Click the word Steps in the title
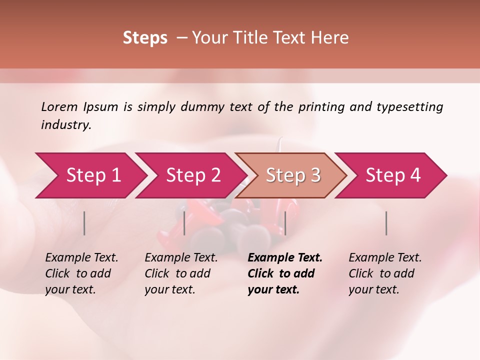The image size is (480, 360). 145,38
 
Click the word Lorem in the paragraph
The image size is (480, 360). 58,106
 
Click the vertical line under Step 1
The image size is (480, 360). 84,223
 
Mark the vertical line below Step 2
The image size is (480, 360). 184,223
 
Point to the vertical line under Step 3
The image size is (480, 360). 285,223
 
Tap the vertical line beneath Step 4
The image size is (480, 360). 386,223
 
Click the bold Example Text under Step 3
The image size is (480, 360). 285,258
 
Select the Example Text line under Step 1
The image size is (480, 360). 81,258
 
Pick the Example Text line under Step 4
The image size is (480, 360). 385,258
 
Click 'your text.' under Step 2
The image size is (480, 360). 169,289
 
